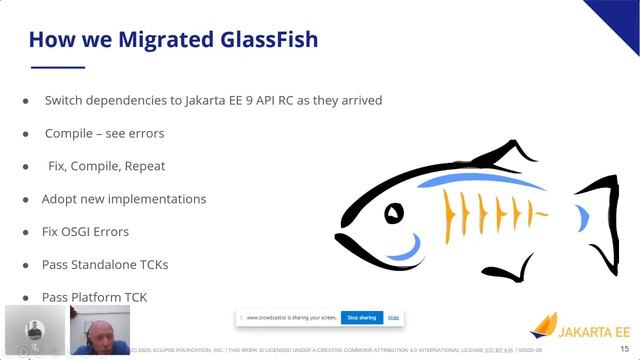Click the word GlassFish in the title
(262, 40)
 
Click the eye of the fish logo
(395, 212)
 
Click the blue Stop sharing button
(360, 318)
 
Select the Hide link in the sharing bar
(394, 318)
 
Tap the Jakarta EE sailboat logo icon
(544, 326)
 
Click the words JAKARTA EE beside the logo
(595, 331)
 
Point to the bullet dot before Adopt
(27, 199)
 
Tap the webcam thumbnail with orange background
(101, 330)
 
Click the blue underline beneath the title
(57, 68)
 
